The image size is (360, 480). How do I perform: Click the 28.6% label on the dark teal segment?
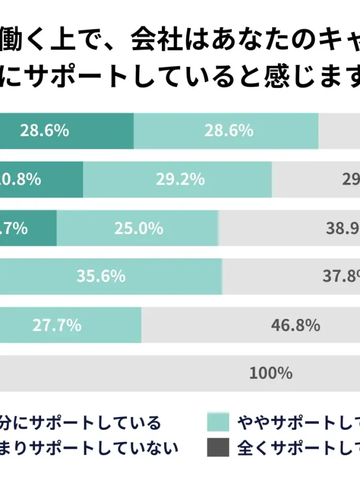(44, 131)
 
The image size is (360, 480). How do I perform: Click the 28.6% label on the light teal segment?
(228, 131)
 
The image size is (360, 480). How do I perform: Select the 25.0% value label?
(138, 228)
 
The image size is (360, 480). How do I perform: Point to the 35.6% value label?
(101, 276)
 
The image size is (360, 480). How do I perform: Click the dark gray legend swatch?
(218, 448)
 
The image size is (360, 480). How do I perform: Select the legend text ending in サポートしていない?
(89, 448)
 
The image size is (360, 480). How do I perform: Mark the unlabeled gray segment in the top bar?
(339, 131)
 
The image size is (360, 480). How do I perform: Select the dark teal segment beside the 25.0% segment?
(28, 228)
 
